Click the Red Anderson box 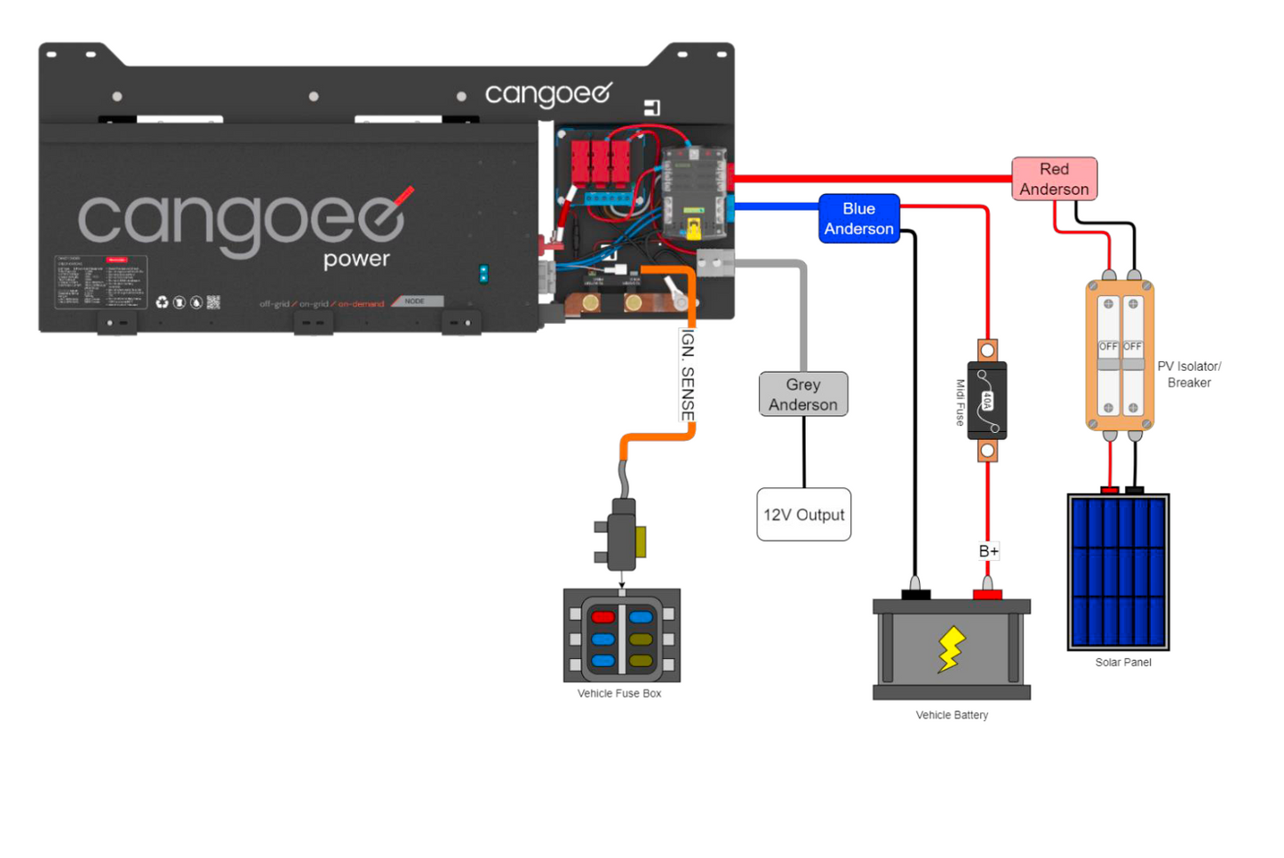tap(1054, 179)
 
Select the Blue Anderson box tap(858, 219)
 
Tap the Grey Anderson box tap(803, 394)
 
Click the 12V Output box tap(803, 515)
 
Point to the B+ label tap(988, 551)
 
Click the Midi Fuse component tap(986, 400)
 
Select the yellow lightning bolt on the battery tap(951, 649)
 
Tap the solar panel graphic tap(1118, 572)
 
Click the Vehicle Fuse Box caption tap(619, 694)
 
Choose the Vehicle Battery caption tap(952, 715)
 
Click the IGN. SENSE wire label tap(687, 375)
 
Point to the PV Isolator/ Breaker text tap(1189, 374)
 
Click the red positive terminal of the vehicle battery tap(986, 593)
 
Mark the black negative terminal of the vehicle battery tap(915, 593)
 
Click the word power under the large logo tap(356, 259)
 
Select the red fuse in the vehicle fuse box tap(602, 617)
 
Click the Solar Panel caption tap(1123, 662)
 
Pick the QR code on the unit tap(213, 302)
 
